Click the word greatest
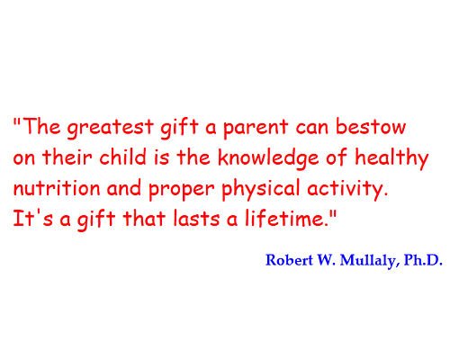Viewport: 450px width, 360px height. [x=110, y=128]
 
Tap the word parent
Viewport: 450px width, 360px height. [x=256, y=129]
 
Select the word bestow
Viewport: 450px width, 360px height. [x=371, y=126]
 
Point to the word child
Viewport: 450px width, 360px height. [x=123, y=157]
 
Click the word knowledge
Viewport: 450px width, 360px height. [x=268, y=159]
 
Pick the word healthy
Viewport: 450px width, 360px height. [x=391, y=159]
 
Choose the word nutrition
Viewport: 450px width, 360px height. [x=57, y=187]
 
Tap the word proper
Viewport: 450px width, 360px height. [x=182, y=190]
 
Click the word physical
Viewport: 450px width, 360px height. [x=261, y=189]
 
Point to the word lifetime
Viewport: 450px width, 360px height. [x=285, y=218]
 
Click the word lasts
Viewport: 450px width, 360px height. [x=196, y=218]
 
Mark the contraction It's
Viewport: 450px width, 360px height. [x=33, y=218]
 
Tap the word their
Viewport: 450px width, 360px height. [x=67, y=157]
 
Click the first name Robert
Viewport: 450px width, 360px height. [x=289, y=260]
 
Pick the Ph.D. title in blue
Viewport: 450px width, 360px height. [x=423, y=260]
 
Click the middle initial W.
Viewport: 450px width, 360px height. [x=326, y=260]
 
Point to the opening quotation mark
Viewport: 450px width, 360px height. [x=17, y=121]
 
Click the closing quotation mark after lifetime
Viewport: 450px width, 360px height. [x=333, y=213]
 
